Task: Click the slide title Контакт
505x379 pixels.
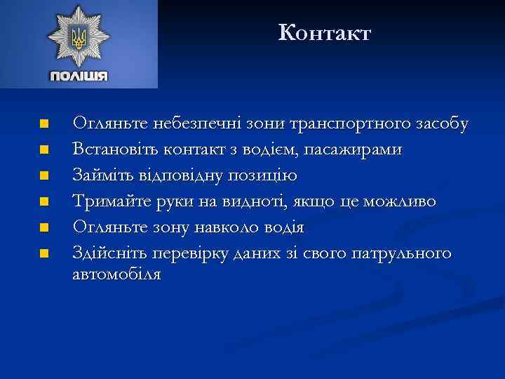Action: coord(324,32)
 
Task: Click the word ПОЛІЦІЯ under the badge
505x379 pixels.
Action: coord(79,76)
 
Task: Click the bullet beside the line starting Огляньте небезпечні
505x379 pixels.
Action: coord(43,124)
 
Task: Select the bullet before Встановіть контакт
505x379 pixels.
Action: coord(43,149)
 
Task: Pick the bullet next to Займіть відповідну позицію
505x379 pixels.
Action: coord(43,175)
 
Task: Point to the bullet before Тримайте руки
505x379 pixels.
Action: coord(43,201)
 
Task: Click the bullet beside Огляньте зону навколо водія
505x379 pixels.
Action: coord(43,227)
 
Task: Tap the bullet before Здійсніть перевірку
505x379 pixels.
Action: coord(43,253)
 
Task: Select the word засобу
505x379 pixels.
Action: coord(443,124)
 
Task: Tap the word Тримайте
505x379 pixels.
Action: coord(109,201)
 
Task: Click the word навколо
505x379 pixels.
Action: coord(225,227)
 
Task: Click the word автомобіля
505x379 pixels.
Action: coord(116,274)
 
